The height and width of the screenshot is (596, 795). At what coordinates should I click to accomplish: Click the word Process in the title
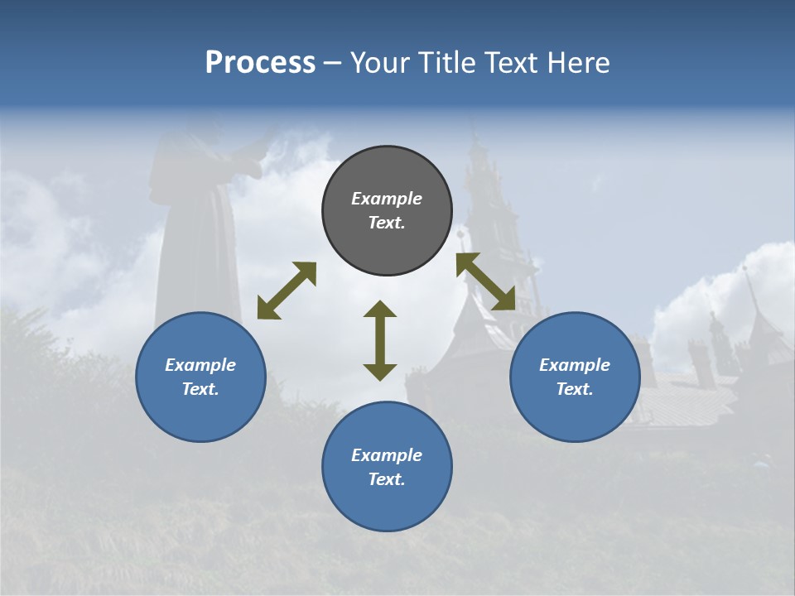coord(260,63)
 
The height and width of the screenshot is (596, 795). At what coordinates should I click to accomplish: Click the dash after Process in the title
coord(332,65)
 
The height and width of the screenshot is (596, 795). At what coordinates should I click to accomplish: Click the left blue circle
coord(200,377)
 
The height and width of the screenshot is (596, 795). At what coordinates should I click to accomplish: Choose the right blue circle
coord(575,377)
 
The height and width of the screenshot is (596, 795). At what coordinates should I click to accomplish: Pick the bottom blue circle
coord(387,466)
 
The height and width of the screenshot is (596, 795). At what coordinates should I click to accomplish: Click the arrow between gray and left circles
coord(287,291)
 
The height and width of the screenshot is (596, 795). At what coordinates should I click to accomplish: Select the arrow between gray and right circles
coord(485,281)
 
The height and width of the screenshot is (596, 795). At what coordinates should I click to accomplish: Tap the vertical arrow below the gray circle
coord(380,340)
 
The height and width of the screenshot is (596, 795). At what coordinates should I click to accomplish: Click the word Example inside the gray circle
coord(387,199)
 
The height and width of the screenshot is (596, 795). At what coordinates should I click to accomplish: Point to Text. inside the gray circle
coord(387,223)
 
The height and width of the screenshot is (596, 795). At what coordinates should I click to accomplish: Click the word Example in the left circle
coord(200,365)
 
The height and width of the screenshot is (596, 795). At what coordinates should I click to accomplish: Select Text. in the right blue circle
coord(575,389)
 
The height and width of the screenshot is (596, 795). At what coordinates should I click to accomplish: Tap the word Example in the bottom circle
coord(387,455)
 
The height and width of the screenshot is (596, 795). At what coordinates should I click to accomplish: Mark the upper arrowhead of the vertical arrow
coord(380,309)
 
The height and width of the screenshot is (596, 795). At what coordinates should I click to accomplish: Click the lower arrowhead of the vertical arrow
coord(380,372)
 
